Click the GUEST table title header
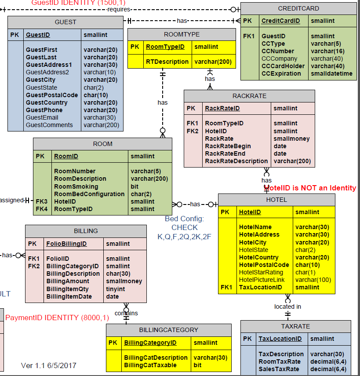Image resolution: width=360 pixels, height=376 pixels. coord(65,22)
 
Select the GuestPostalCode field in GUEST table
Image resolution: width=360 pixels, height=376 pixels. coord(51,95)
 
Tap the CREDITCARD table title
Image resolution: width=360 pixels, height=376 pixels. coord(298,8)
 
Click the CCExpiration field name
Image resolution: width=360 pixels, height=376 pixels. coord(281,73)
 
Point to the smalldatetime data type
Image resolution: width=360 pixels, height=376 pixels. coord(331,73)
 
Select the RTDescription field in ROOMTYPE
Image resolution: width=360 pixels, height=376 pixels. coord(167,62)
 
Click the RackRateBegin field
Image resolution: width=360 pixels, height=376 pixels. coord(228,146)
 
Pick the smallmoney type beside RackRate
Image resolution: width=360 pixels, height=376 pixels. coord(291,139)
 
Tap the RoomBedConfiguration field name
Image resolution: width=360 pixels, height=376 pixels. coord(89,194)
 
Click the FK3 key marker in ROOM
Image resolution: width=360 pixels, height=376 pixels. coord(41,201)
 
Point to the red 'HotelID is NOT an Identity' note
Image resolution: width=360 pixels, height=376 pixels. coord(309,188)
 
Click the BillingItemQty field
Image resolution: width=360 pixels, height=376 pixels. coord(67,289)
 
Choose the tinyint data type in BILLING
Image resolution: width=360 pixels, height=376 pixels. coord(115,289)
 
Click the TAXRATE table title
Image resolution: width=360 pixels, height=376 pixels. coord(295,326)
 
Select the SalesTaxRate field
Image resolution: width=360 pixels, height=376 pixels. coord(279,369)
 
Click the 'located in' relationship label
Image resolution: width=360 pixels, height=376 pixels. coord(287,307)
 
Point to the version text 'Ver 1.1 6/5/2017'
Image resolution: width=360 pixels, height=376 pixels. coord(48,365)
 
